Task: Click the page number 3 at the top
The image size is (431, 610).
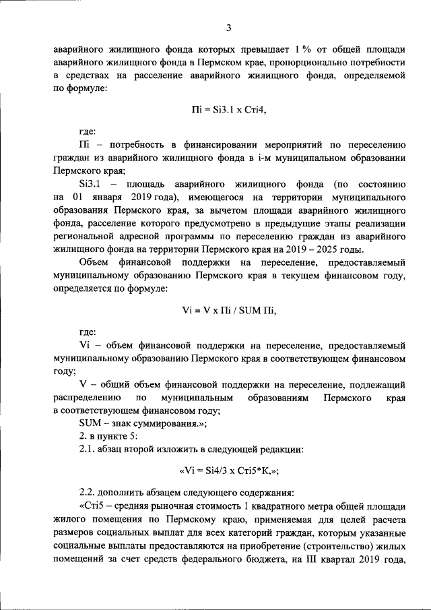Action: pyautogui.click(x=229, y=28)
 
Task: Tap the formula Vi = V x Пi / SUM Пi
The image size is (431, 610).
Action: pyautogui.click(x=229, y=311)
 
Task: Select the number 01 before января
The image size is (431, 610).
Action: pyautogui.click(x=76, y=196)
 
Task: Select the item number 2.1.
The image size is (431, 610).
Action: pyautogui.click(x=88, y=450)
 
